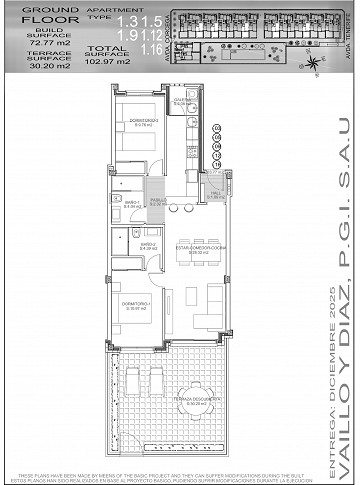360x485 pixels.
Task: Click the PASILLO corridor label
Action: [158, 200]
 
